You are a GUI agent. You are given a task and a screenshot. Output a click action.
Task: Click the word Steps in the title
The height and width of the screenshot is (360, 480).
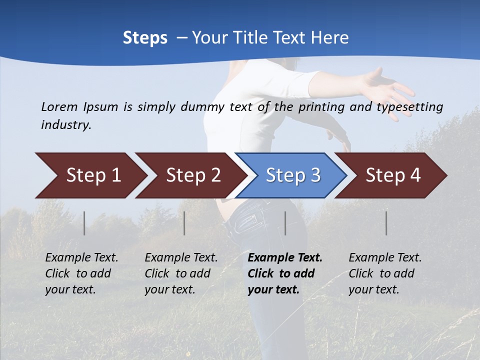[x=145, y=38]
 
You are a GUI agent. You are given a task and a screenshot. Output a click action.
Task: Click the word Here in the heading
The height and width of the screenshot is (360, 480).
[x=329, y=38]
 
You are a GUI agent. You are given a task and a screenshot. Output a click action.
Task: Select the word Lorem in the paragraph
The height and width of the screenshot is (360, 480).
[x=59, y=106]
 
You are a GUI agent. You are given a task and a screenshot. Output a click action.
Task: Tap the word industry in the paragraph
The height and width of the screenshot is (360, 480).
[x=65, y=125]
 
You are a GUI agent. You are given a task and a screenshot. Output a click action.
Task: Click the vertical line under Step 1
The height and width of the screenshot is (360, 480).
[x=84, y=223]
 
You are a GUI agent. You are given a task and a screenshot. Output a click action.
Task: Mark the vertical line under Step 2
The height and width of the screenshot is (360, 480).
[x=184, y=223]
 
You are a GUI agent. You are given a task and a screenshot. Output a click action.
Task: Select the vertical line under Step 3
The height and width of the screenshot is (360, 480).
[x=285, y=223]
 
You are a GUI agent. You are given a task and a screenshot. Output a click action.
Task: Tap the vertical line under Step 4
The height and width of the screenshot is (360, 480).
[x=386, y=223]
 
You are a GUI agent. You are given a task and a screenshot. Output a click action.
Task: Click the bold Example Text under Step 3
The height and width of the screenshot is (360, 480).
[x=285, y=258]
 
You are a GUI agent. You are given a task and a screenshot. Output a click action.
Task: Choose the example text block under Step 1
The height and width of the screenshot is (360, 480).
[x=81, y=273]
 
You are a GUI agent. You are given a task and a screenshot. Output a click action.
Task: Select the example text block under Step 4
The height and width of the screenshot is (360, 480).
[x=385, y=273]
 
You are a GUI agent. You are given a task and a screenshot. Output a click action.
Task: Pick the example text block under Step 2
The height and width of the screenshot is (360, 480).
[x=181, y=273]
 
